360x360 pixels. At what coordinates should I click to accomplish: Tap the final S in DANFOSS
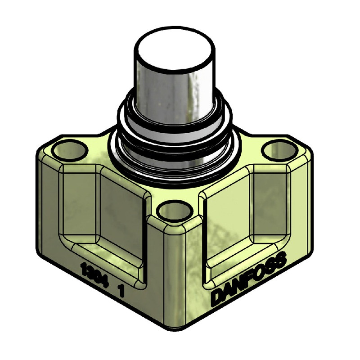pyautogui.click(x=281, y=260)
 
